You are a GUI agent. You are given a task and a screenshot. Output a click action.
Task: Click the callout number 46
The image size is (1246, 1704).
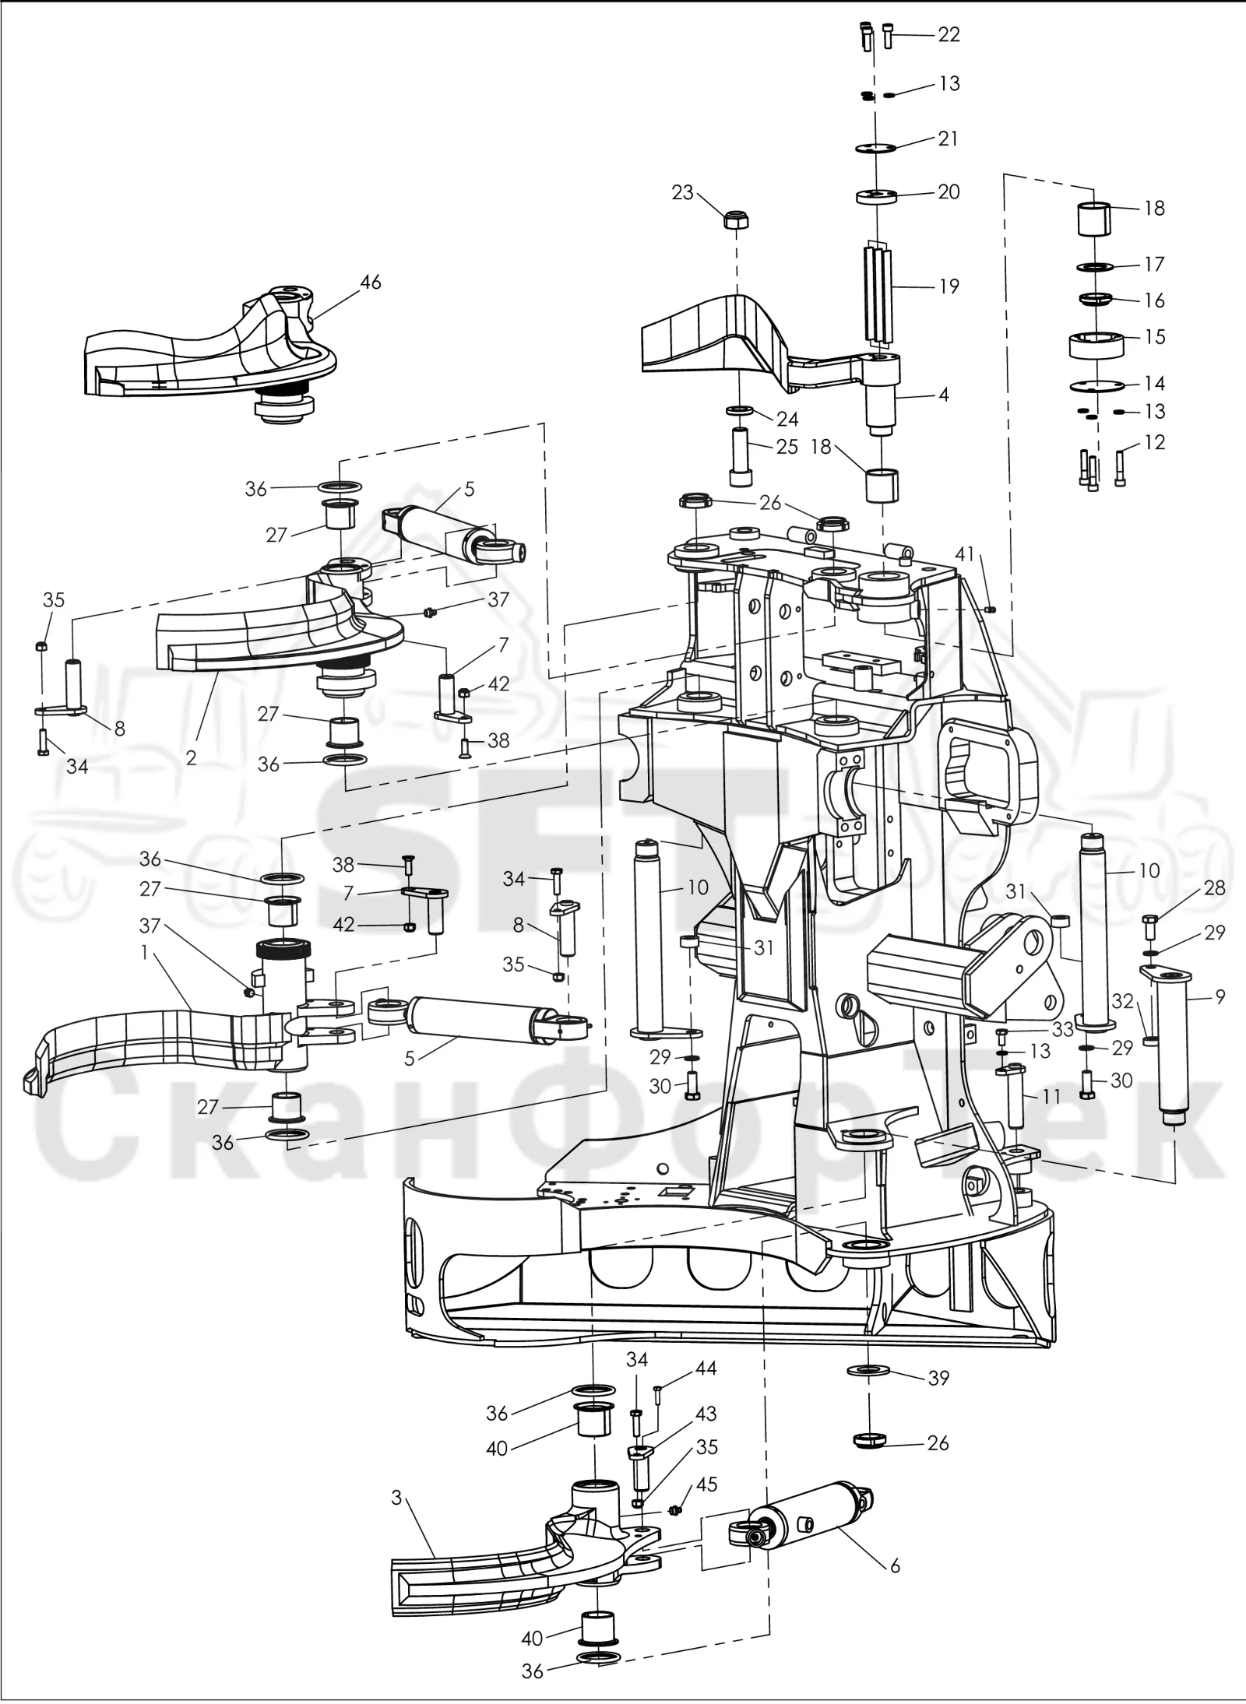(371, 282)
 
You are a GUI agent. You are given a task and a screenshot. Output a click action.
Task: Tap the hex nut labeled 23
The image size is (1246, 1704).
(736, 220)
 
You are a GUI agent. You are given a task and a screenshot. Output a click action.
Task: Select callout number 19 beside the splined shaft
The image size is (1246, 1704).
(949, 286)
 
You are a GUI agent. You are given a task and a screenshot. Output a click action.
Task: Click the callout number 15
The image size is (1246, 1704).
(1156, 336)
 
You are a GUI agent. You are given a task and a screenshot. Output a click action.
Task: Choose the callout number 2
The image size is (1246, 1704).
(192, 757)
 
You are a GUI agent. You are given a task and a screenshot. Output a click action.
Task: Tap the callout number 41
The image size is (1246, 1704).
(965, 553)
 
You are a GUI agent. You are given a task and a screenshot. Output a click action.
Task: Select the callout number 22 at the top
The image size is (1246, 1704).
(949, 35)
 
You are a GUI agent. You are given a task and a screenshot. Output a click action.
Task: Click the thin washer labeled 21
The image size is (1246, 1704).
(876, 148)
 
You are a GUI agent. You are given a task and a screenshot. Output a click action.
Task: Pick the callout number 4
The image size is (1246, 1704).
(944, 394)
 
